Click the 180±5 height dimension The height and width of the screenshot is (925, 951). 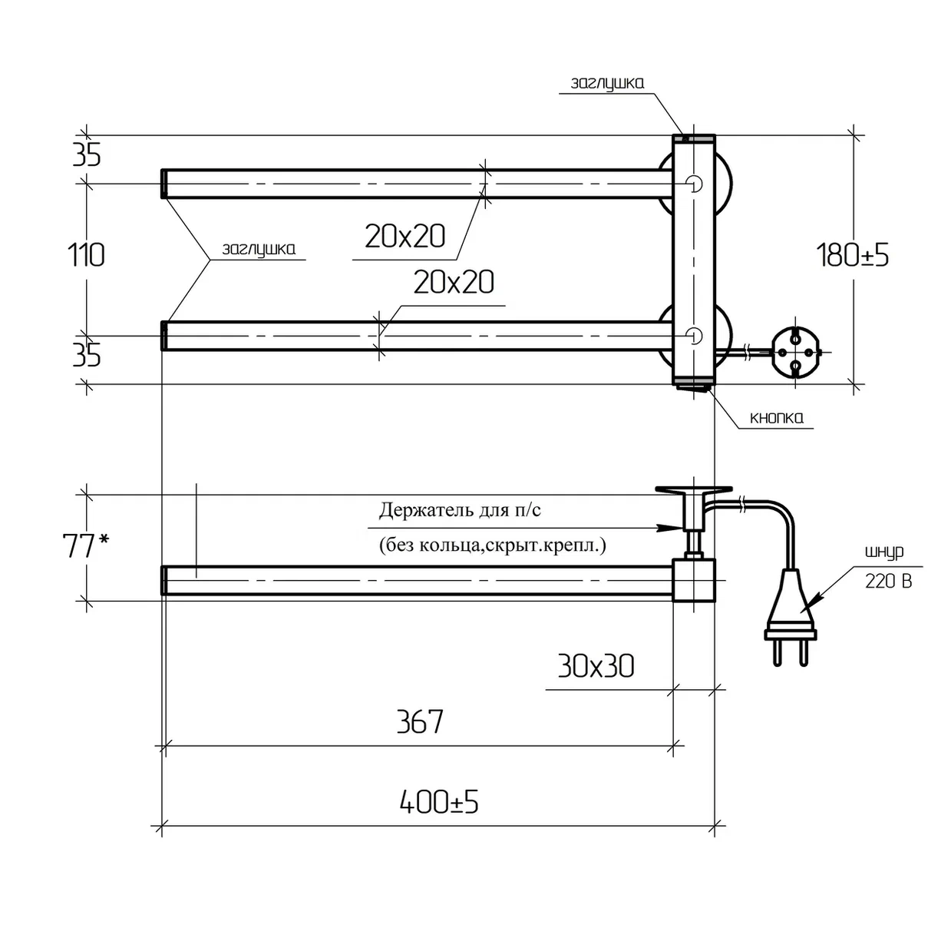[852, 255]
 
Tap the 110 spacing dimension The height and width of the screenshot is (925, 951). [86, 255]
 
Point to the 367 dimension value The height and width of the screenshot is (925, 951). [421, 721]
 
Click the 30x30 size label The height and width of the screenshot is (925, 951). [596, 665]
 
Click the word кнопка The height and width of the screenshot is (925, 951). [777, 418]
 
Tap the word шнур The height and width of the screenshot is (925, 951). [884, 552]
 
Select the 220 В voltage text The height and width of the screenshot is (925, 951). [889, 581]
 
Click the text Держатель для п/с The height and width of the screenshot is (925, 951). [460, 510]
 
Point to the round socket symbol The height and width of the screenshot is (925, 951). [796, 352]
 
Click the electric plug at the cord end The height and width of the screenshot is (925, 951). [790, 618]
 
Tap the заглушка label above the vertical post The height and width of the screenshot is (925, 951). [607, 83]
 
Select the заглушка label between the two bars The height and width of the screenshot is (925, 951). [259, 250]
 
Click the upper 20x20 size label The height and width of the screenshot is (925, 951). [405, 237]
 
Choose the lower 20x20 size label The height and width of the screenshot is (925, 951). [454, 282]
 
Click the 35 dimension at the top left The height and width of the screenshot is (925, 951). [87, 155]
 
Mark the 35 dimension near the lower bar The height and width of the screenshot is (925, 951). [87, 356]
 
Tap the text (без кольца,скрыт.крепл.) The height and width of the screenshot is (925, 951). [492, 545]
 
